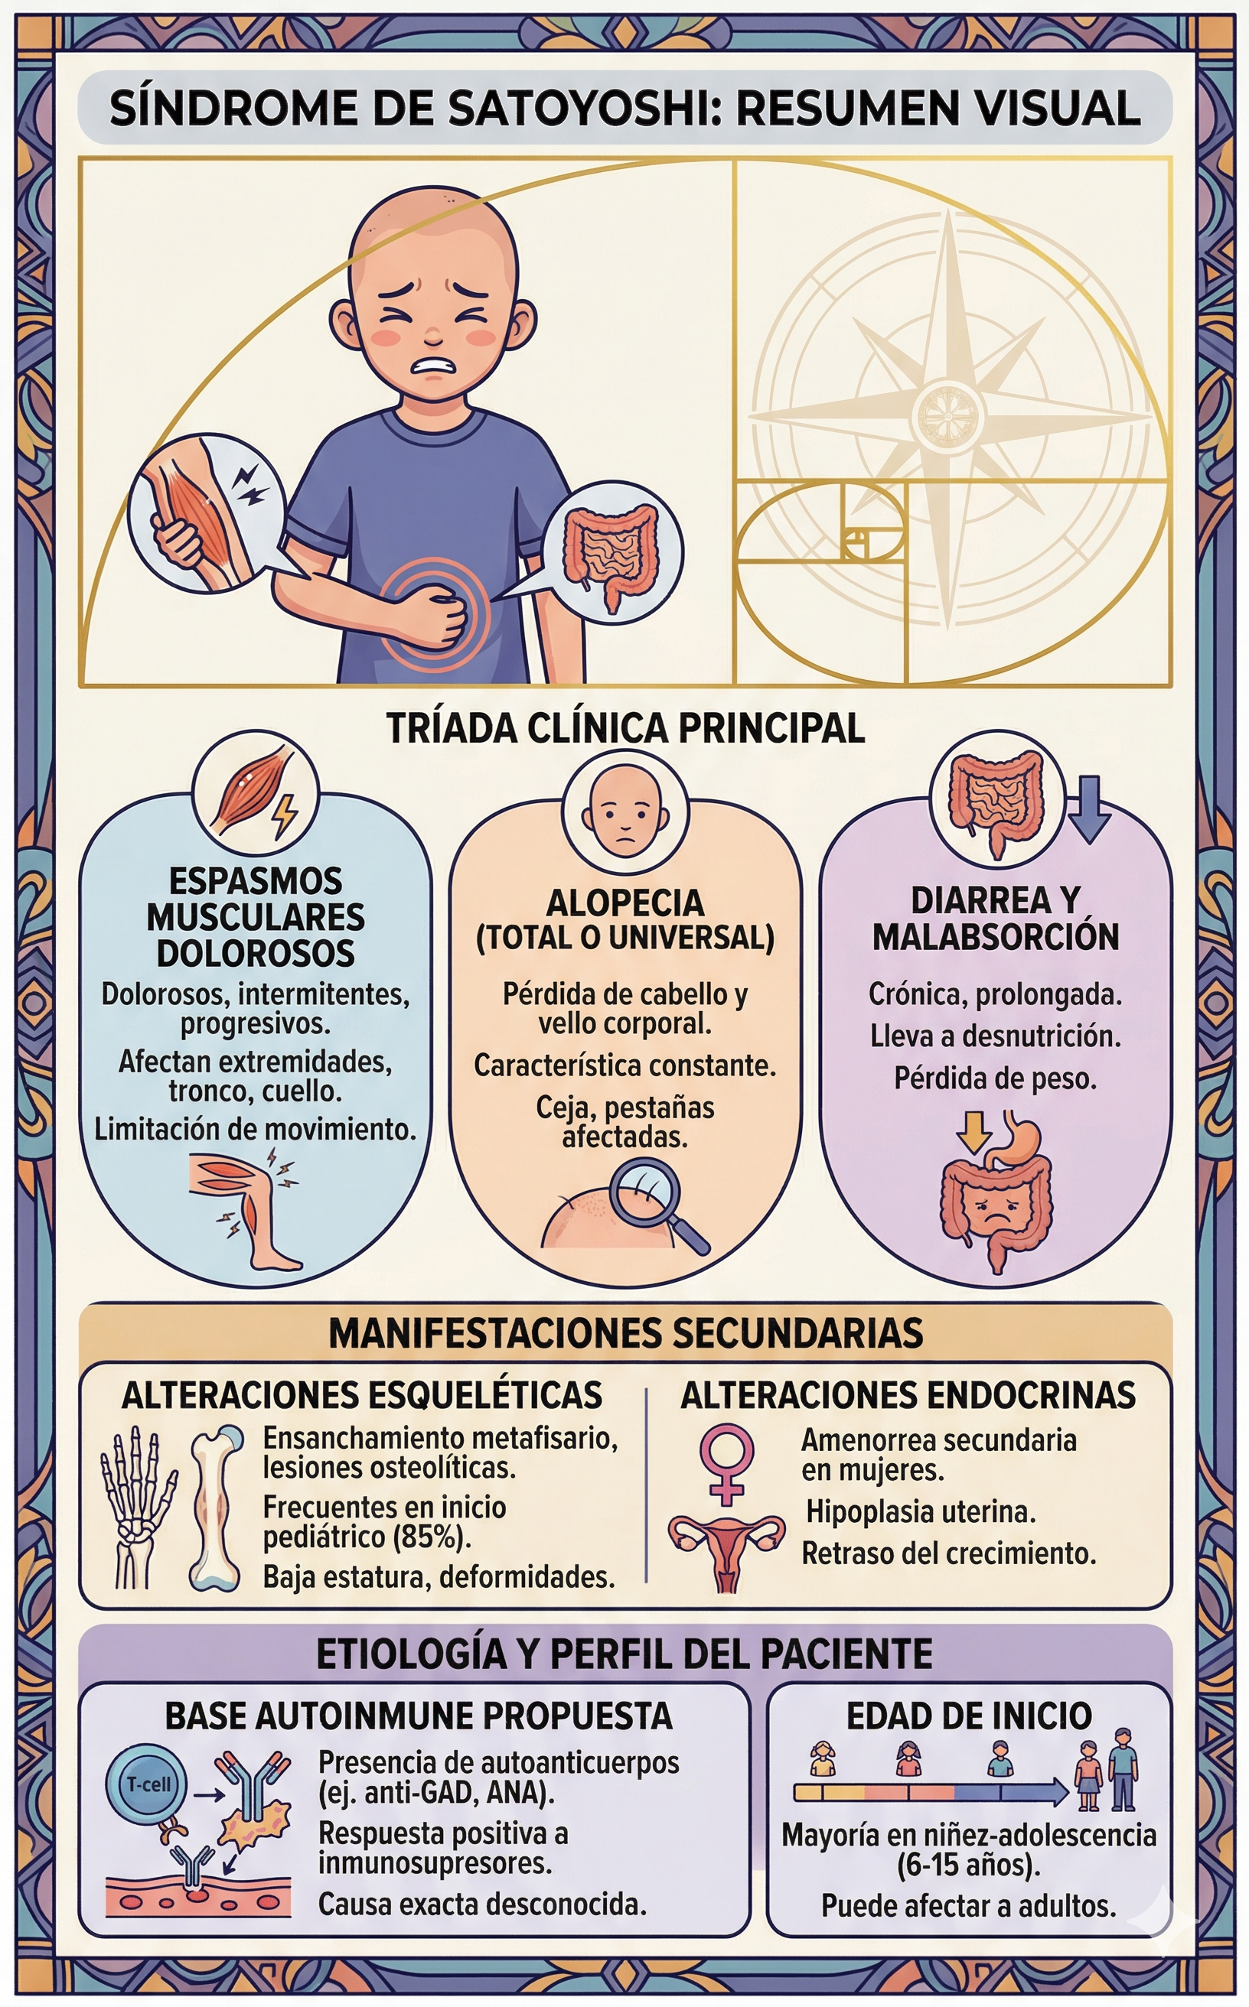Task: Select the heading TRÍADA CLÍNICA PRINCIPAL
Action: pos(625,728)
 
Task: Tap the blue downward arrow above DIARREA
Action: pos(1090,808)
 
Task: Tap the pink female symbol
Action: pos(726,1462)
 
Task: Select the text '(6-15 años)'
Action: pos(968,1865)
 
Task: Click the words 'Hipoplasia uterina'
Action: pos(920,1511)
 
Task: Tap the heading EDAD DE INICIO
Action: pos(968,1716)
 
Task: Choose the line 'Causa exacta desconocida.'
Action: pos(482,1904)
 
